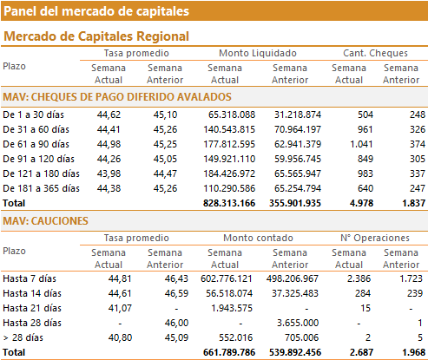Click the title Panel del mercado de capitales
point(96,11)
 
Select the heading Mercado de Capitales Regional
point(96,36)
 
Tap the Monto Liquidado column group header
point(258,53)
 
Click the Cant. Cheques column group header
point(375,53)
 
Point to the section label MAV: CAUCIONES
point(45,221)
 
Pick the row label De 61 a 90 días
point(36,144)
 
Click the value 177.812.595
point(229,144)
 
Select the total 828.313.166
point(229,203)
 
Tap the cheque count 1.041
point(361,144)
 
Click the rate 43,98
point(109,173)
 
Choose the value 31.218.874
point(298,115)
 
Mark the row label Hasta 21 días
point(32,308)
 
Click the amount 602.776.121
point(227,278)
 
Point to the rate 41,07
point(120,308)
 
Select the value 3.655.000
point(298,323)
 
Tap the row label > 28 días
point(23,337)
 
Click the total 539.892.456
point(295,352)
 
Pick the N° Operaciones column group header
point(375,238)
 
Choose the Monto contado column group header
point(258,238)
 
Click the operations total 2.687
point(361,352)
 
